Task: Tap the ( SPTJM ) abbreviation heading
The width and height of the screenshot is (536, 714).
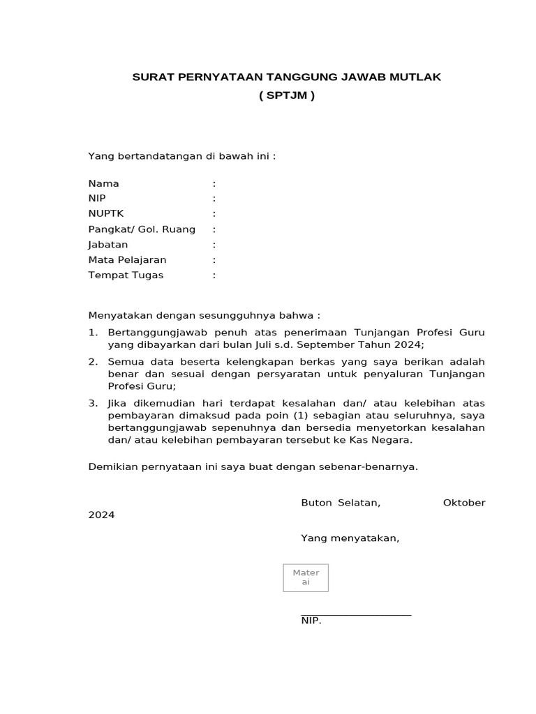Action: pyautogui.click(x=287, y=96)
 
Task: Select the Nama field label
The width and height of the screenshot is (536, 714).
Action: pyautogui.click(x=103, y=183)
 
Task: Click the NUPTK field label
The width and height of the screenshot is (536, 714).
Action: pyautogui.click(x=105, y=214)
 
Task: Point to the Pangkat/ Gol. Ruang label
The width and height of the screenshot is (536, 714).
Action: pyautogui.click(x=142, y=229)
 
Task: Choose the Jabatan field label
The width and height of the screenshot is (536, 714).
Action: pyautogui.click(x=108, y=245)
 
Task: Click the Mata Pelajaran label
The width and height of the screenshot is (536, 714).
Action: pyautogui.click(x=127, y=260)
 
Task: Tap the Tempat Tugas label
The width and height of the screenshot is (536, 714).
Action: pyautogui.click(x=126, y=275)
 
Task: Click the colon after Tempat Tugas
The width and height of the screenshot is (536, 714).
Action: pyautogui.click(x=214, y=275)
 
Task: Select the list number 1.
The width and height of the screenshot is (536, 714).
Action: pyautogui.click(x=92, y=333)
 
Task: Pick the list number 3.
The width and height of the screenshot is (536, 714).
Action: pyautogui.click(x=92, y=404)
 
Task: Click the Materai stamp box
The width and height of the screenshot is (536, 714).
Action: pyautogui.click(x=306, y=577)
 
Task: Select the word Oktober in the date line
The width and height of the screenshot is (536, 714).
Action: pyautogui.click(x=463, y=503)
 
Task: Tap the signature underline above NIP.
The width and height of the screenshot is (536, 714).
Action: pyautogui.click(x=356, y=615)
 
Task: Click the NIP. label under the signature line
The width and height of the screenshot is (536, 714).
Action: pyautogui.click(x=311, y=621)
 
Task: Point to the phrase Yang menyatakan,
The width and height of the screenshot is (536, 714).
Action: pyautogui.click(x=350, y=538)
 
